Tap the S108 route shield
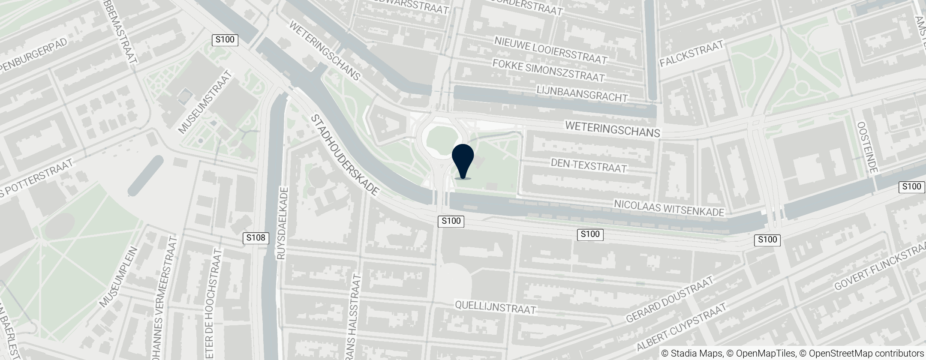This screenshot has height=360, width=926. pos(256,238)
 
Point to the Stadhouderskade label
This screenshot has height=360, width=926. pos(346,155)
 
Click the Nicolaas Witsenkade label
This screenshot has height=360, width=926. pos(669,207)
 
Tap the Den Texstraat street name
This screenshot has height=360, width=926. pos(589,165)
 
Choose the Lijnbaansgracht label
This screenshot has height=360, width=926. pos(582,94)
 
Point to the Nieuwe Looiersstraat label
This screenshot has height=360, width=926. pos(551,50)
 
